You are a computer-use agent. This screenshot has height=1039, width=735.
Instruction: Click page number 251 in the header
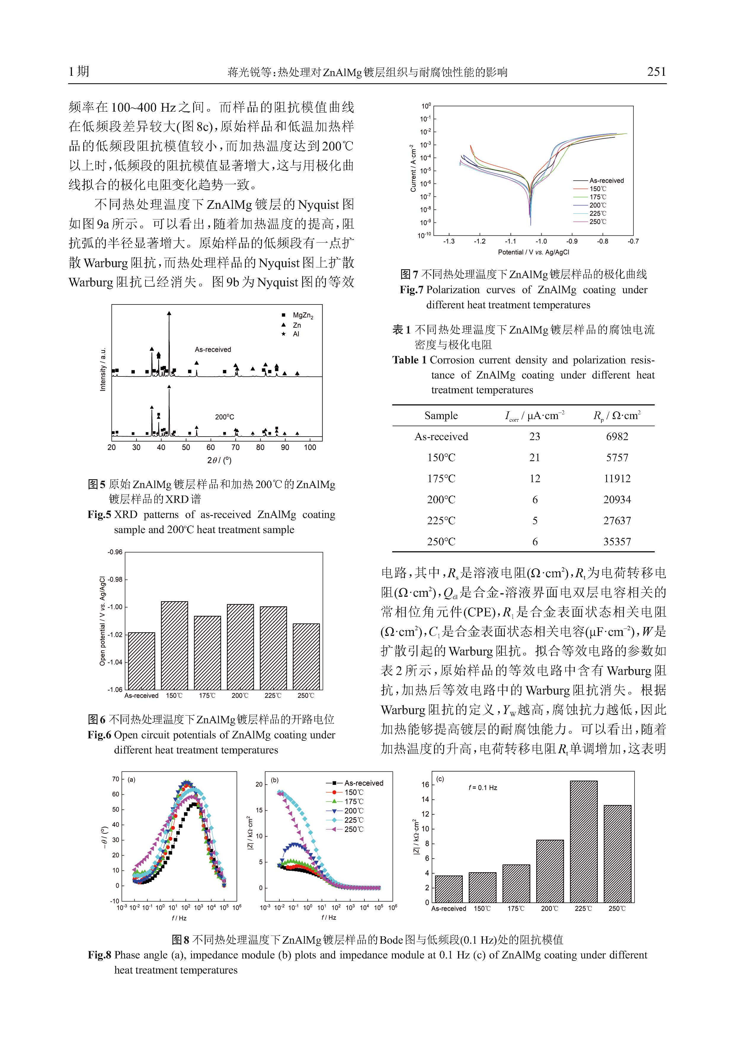coord(656,71)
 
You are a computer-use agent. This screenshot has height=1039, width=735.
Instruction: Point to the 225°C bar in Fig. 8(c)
coord(583,842)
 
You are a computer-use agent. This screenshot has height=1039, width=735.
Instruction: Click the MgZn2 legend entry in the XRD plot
coord(302,315)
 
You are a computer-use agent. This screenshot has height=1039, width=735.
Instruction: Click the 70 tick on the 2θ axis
coord(235,448)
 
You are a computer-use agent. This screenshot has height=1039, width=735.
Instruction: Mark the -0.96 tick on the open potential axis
coord(115,552)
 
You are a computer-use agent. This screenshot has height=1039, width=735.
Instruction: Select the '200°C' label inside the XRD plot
coord(225,417)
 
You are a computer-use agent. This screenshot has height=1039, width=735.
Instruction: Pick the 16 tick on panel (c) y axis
coord(425,785)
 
